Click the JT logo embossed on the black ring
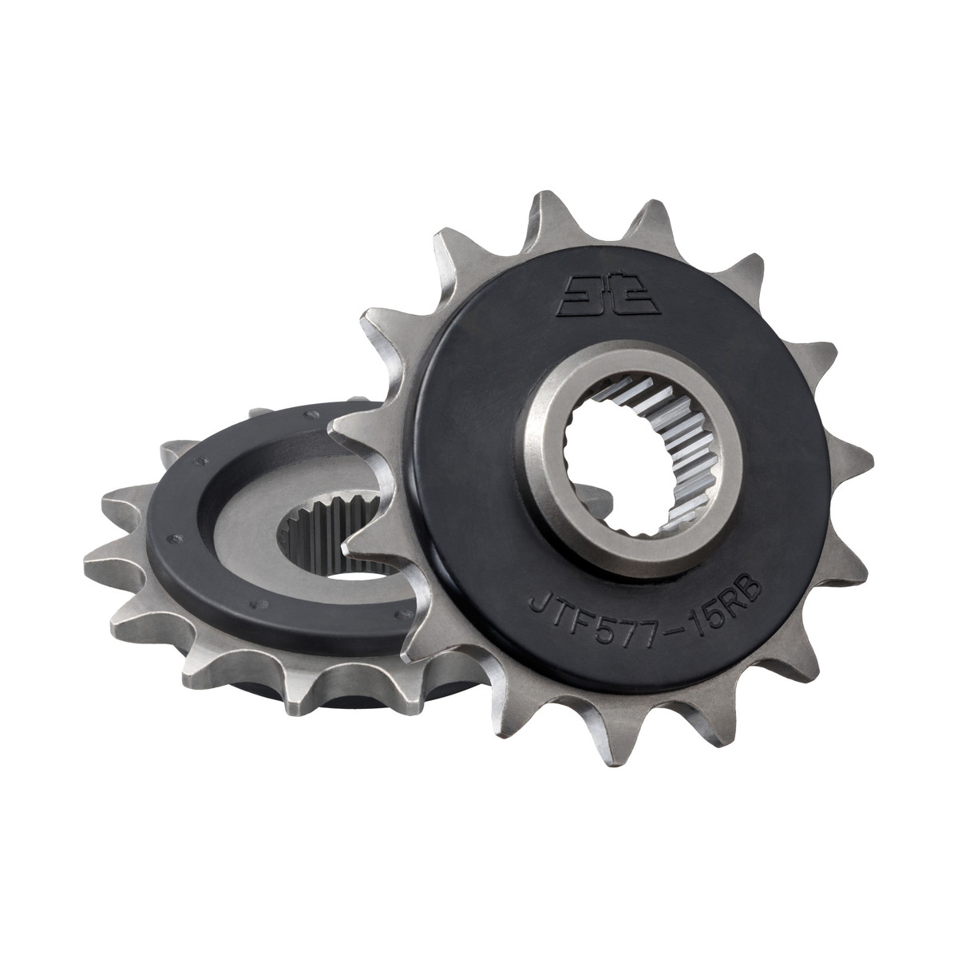coord(608,299)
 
